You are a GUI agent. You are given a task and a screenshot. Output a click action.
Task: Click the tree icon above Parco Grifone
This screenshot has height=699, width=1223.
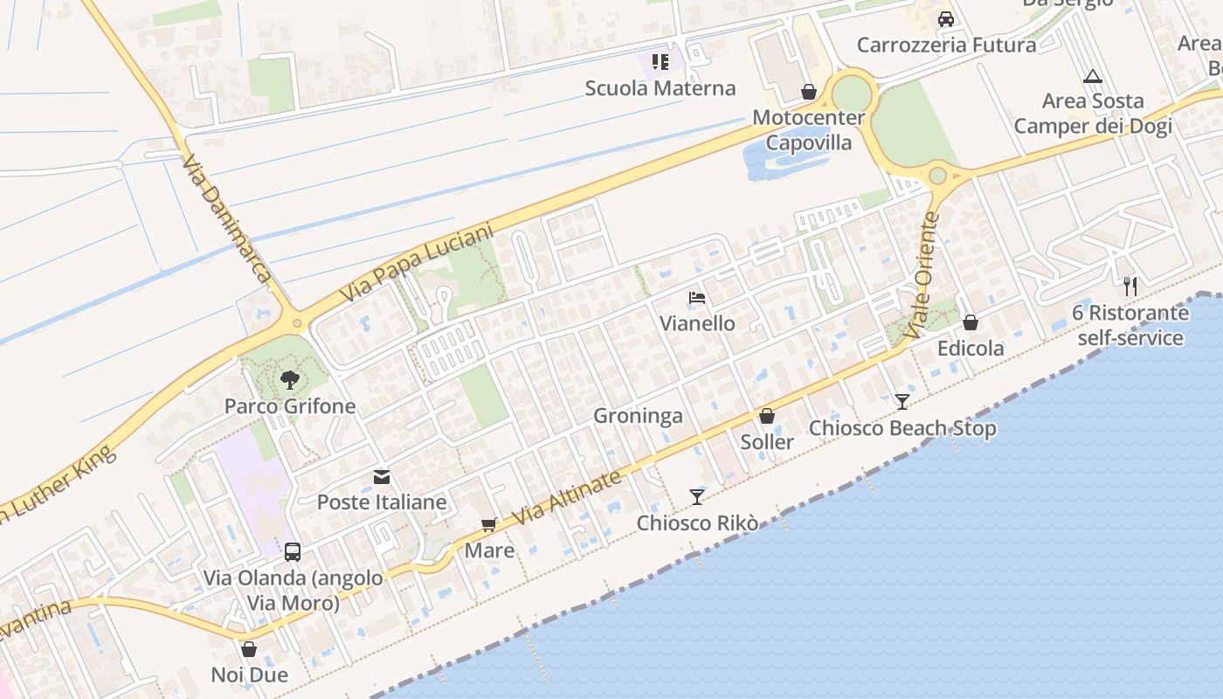pos(289,380)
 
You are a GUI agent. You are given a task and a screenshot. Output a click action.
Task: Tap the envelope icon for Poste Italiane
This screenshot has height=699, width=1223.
pos(382,477)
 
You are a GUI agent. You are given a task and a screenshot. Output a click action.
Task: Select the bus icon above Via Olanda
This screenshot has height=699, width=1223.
pos(293,552)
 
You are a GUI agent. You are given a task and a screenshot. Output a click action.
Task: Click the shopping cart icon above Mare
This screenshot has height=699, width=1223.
pos(489,525)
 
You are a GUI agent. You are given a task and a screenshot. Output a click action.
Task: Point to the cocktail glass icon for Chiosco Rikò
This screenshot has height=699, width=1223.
pos(696,497)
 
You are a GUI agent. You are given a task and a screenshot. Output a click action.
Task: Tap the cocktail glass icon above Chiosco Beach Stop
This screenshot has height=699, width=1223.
pos(902,402)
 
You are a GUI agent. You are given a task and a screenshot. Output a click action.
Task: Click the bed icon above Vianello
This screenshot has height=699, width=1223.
pos(697,298)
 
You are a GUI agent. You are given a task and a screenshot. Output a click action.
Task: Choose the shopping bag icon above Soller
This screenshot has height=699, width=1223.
pos(767,416)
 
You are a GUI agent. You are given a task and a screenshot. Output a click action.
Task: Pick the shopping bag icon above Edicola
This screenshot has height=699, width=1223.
pos(970,322)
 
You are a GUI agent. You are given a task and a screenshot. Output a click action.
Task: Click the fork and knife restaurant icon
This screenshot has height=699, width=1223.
pos(1130,286)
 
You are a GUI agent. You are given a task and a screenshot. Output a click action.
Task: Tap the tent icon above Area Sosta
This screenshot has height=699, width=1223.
pos(1092,76)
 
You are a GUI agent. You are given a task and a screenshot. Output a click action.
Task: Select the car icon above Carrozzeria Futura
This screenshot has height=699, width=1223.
pos(946,18)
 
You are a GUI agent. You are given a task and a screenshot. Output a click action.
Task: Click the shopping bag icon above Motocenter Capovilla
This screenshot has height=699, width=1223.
pos(809,92)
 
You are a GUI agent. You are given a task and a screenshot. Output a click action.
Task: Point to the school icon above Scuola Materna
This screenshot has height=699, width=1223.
pos(660,62)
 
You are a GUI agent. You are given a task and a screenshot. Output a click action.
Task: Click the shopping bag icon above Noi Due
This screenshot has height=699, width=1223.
pos(249,649)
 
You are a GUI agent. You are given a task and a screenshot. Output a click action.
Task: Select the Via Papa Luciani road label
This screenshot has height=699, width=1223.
pos(417,263)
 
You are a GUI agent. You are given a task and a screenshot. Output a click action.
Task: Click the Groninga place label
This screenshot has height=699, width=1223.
pos(638,416)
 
